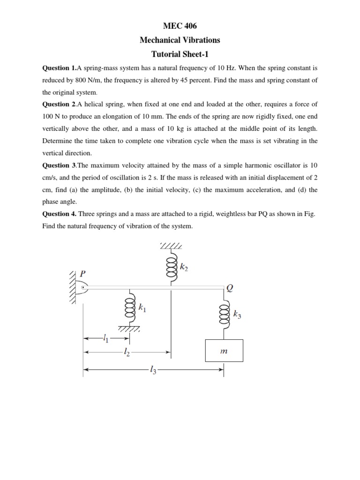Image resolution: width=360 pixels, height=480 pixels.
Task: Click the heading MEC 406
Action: click(x=180, y=27)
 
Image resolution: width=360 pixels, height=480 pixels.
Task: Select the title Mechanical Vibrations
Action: click(x=180, y=40)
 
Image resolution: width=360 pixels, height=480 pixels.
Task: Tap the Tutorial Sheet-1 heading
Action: click(x=180, y=54)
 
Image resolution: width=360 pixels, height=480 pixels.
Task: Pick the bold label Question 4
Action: click(x=59, y=214)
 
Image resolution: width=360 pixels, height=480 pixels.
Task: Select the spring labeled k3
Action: click(x=224, y=315)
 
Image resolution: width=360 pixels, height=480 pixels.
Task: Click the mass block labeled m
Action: click(x=224, y=351)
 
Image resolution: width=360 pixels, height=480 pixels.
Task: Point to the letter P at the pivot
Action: click(x=83, y=273)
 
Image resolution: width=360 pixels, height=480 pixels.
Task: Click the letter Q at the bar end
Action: click(x=229, y=288)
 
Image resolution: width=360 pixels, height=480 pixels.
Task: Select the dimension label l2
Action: click(x=127, y=352)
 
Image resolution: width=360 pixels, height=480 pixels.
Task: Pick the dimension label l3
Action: click(x=153, y=370)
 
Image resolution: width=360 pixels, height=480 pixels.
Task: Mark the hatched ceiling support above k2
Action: click(x=171, y=246)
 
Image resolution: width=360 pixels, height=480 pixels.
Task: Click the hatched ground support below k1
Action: click(x=129, y=329)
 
